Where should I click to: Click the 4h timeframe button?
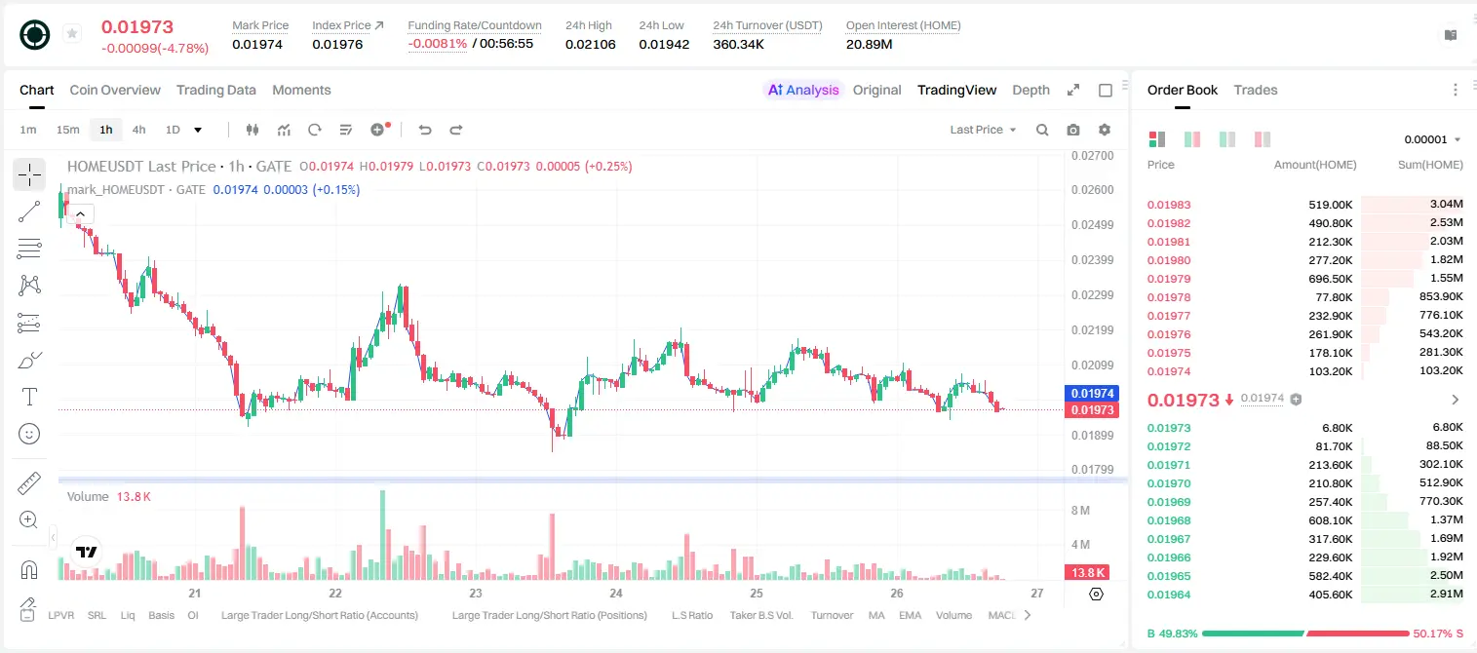coord(138,130)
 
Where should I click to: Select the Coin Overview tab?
coord(115,90)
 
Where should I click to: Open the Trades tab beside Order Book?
coord(1256,90)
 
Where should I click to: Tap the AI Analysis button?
coord(803,90)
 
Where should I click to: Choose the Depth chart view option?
coord(1030,90)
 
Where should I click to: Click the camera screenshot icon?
coord(1073,130)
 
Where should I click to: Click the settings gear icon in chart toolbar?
coord(1105,130)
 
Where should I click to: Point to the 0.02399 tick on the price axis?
coord(1093,259)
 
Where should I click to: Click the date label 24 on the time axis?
coord(616,593)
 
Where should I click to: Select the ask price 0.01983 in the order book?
coord(1169,205)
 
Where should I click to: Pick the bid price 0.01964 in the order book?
coord(1169,595)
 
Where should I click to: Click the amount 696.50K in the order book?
coord(1331,279)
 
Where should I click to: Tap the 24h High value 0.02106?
coord(590,44)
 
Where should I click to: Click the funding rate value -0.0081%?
coord(437,44)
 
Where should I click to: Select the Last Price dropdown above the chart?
coord(983,130)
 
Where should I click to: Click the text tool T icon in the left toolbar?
coord(29,397)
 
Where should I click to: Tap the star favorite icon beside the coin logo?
coord(72,33)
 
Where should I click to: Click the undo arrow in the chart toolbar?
coord(425,130)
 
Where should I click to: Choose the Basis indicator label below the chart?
coord(162,615)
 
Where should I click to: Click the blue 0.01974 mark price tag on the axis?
coord(1092,394)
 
